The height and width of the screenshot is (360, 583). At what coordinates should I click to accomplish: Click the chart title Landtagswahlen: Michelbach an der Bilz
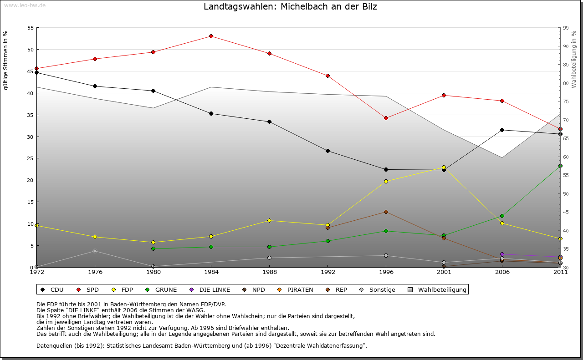click(x=290, y=7)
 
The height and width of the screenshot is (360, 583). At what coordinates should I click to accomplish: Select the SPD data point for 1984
click(x=211, y=36)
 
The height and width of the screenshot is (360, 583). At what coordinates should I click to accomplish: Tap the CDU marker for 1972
click(x=36, y=72)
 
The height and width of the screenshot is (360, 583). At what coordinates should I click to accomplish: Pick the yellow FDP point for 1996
click(x=386, y=181)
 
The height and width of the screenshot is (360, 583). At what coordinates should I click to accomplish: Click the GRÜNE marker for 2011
click(x=560, y=166)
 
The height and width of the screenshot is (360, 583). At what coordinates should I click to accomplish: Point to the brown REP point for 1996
click(x=386, y=212)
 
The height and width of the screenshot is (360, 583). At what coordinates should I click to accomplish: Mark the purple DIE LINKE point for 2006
click(x=502, y=254)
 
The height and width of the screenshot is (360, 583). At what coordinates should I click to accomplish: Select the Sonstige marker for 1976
click(x=95, y=251)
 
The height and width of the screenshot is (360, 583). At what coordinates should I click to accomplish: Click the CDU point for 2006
click(x=502, y=130)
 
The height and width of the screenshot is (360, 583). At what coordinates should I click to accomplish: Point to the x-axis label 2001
click(x=444, y=272)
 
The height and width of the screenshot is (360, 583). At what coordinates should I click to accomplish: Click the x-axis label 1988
click(x=269, y=272)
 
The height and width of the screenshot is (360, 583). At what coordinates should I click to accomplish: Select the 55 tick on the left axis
click(x=31, y=28)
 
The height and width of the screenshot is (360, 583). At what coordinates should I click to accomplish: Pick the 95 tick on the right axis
click(x=566, y=28)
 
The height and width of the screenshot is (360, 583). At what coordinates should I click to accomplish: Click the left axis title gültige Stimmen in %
click(x=6, y=60)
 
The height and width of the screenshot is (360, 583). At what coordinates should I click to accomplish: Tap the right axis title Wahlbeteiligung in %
click(x=574, y=60)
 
